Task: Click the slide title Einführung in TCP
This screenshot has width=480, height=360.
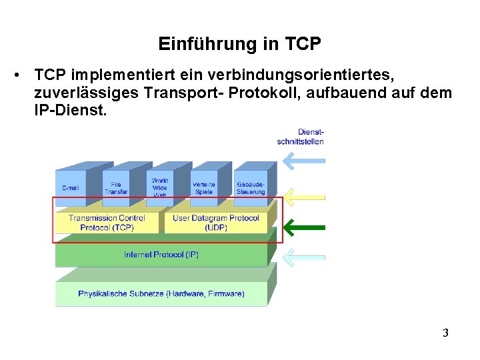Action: [x=240, y=45]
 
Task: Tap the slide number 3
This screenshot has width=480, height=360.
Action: [x=445, y=333]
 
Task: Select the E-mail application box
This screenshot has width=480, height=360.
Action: [x=70, y=188]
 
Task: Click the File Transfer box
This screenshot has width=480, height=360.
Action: [x=115, y=188]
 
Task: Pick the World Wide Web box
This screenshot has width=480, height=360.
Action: [x=160, y=187]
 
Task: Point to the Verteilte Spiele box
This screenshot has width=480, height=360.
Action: [x=203, y=188]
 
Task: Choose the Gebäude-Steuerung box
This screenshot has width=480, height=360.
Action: [x=251, y=188]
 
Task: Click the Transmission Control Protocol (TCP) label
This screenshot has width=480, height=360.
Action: [x=107, y=223]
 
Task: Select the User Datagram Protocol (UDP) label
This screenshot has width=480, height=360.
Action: [x=215, y=223]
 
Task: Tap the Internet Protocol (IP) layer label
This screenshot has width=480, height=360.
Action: [x=161, y=255]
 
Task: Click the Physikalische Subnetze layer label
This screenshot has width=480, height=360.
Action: [x=161, y=293]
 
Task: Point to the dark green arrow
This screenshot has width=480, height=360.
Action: [x=303, y=228]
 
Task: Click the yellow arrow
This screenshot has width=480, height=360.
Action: [x=303, y=197]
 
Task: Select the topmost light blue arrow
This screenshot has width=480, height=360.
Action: [x=303, y=161]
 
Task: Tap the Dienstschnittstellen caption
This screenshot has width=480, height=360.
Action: [x=301, y=137]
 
